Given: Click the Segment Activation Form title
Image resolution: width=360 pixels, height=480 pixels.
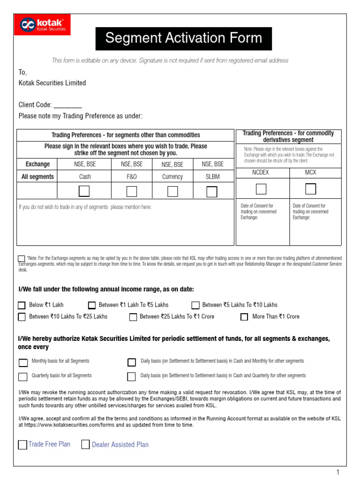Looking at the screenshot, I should (184, 38).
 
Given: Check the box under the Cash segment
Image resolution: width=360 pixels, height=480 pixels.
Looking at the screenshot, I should (84, 191).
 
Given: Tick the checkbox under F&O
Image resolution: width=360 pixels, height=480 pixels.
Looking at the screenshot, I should (132, 191).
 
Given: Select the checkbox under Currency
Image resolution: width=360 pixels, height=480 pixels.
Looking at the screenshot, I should (172, 191).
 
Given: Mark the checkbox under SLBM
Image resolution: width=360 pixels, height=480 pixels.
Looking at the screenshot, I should (212, 192).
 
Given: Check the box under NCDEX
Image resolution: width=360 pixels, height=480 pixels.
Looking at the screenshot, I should (261, 189).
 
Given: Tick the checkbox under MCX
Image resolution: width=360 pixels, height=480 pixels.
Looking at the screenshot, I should (310, 189).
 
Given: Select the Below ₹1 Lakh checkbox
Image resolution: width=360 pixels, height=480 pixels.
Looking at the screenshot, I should (22, 305).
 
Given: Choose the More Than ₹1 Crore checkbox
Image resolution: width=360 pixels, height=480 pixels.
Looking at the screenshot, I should (244, 317).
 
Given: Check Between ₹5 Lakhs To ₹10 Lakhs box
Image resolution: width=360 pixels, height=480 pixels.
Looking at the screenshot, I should (195, 305).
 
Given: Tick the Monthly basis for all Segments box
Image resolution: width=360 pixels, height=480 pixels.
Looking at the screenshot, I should (23, 362).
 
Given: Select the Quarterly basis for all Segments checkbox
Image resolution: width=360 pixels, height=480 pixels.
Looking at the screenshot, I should (23, 376).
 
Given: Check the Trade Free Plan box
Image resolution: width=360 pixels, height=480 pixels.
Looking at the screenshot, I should (22, 445).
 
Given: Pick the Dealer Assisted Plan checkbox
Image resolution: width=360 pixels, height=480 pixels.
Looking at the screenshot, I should (85, 444).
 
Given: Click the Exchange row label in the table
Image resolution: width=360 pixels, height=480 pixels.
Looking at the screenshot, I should (37, 164).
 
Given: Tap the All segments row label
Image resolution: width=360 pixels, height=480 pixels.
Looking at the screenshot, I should (37, 177).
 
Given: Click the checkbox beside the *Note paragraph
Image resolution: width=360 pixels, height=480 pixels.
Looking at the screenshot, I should (22, 259).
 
